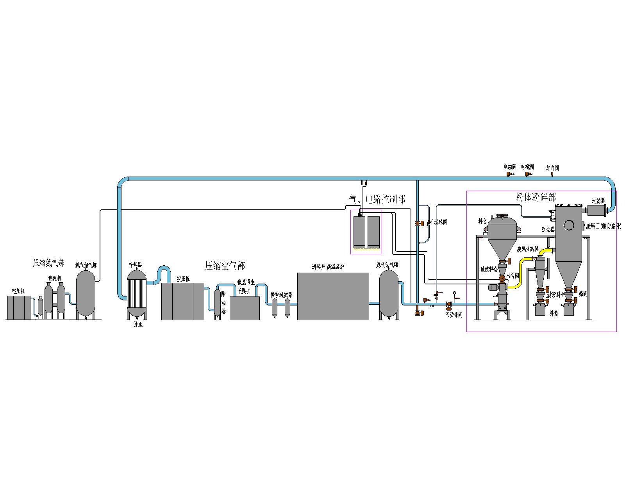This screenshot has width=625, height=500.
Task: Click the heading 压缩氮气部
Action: click(x=48, y=264)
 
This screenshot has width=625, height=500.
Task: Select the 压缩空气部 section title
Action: click(x=225, y=266)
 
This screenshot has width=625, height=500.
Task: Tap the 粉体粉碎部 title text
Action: click(x=536, y=197)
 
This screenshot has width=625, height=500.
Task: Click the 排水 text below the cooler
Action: click(x=137, y=324)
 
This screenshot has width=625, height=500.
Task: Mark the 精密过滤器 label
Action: click(x=281, y=295)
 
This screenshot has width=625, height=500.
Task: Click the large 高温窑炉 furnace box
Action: click(x=333, y=296)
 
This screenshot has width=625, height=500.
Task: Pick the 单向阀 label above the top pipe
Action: click(x=552, y=168)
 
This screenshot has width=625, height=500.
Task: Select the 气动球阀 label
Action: click(x=454, y=314)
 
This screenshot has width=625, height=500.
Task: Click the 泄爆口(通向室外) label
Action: click(x=603, y=226)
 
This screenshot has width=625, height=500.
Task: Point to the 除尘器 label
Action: click(x=548, y=230)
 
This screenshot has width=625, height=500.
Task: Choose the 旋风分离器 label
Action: click(x=527, y=249)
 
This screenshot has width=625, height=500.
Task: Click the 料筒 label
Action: click(x=553, y=313)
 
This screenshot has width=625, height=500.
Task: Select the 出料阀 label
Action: click(x=512, y=275)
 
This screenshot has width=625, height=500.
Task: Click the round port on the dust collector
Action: click(x=569, y=225)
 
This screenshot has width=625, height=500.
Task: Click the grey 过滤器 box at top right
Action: click(x=596, y=211)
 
